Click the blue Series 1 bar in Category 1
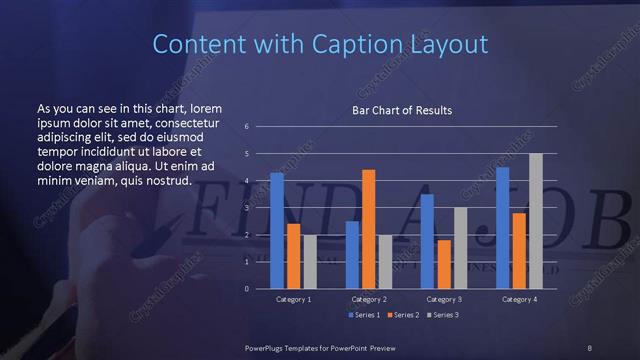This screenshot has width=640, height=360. (x=277, y=231)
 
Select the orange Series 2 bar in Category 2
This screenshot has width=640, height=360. (x=368, y=229)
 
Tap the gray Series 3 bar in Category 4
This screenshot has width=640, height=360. (x=535, y=221)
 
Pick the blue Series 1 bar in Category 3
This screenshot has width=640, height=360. (x=427, y=241)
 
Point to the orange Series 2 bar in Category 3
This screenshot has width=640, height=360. (x=443, y=264)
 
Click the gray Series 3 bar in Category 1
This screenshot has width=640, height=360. (x=310, y=262)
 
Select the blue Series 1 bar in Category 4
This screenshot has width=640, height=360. (x=503, y=228)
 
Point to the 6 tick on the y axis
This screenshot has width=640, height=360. (x=246, y=127)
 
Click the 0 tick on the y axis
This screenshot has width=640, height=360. (x=246, y=289)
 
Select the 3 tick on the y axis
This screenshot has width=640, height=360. (x=246, y=208)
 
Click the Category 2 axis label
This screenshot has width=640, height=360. (x=369, y=299)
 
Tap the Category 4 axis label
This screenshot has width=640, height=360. (x=519, y=299)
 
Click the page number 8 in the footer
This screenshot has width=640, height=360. (x=590, y=347)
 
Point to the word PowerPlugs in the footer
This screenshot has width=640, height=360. (x=267, y=347)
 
